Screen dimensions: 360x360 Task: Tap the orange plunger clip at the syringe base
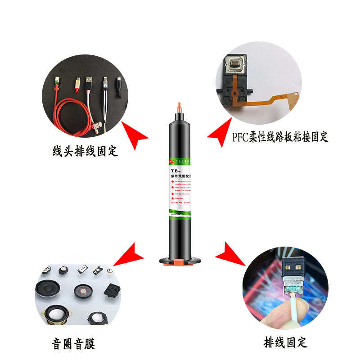[180, 261]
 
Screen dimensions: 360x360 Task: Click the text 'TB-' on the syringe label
[175, 171]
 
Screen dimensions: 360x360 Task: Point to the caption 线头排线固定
[85, 151]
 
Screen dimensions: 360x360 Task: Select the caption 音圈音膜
[74, 344]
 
